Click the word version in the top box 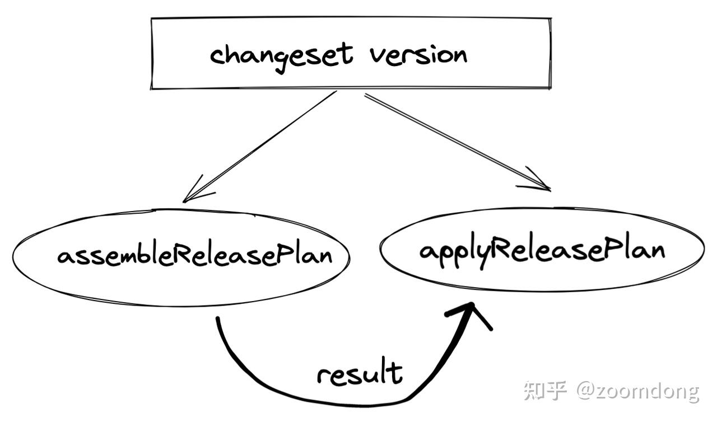tap(418, 55)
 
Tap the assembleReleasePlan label tap(194, 256)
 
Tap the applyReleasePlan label tap(542, 250)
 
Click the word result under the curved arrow tap(359, 374)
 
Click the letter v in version tap(378, 56)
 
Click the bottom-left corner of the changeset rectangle tap(152, 88)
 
